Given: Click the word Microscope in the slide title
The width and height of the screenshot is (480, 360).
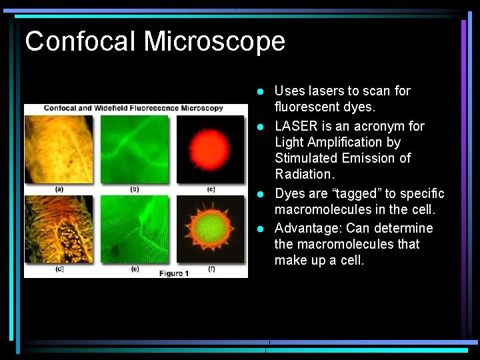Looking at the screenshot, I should (x=215, y=41).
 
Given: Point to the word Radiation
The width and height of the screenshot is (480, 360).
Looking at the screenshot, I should (x=304, y=174).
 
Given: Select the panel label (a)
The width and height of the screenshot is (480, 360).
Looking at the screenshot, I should (x=59, y=189).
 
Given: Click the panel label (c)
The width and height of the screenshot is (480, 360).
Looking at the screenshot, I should (x=211, y=189).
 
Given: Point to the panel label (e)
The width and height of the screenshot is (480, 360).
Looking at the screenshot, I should (x=135, y=269).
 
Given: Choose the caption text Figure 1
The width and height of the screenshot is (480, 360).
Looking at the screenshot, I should (x=175, y=273).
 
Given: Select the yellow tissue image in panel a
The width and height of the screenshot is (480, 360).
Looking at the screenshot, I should (x=59, y=149).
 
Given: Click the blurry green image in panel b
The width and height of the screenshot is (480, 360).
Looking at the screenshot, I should (x=135, y=149).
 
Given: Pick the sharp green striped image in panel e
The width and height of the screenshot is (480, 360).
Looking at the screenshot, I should (x=135, y=229).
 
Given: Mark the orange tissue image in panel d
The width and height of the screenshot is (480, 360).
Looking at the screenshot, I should (x=59, y=229).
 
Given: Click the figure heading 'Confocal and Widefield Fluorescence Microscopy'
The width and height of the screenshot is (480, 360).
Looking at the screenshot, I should (x=133, y=108).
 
